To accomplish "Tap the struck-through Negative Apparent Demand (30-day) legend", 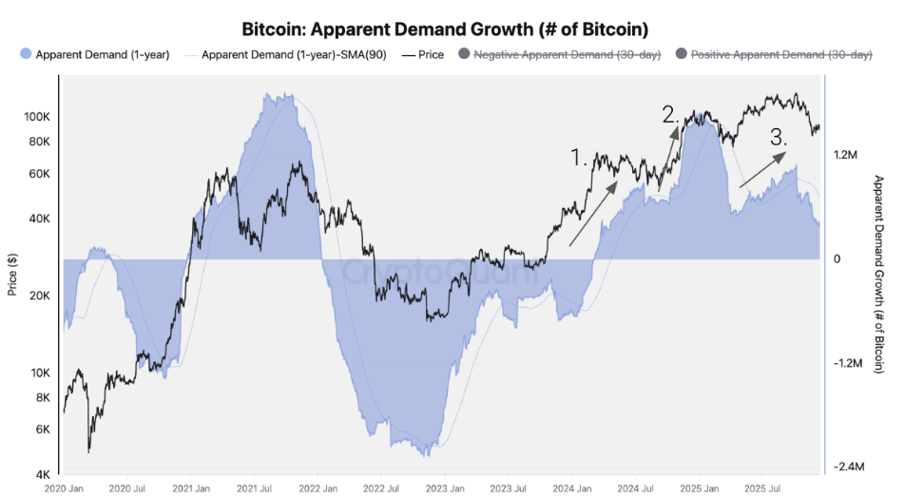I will (x=559, y=54).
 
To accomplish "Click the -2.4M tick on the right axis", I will (x=846, y=467).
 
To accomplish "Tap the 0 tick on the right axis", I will (x=837, y=258).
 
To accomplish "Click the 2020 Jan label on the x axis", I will (x=66, y=487).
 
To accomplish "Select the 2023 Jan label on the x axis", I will (x=446, y=487).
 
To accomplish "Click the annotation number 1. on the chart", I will (x=580, y=157).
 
